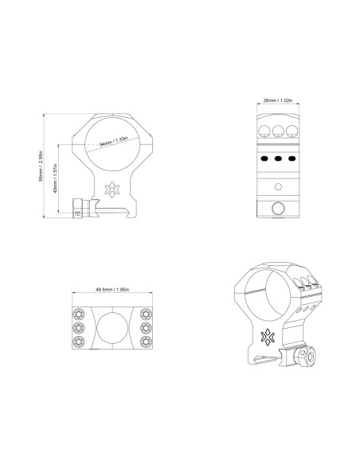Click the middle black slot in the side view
279,159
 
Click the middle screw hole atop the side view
279,130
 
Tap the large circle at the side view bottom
279,209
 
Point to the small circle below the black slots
279,186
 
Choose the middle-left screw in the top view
80,327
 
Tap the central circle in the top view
112,327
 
